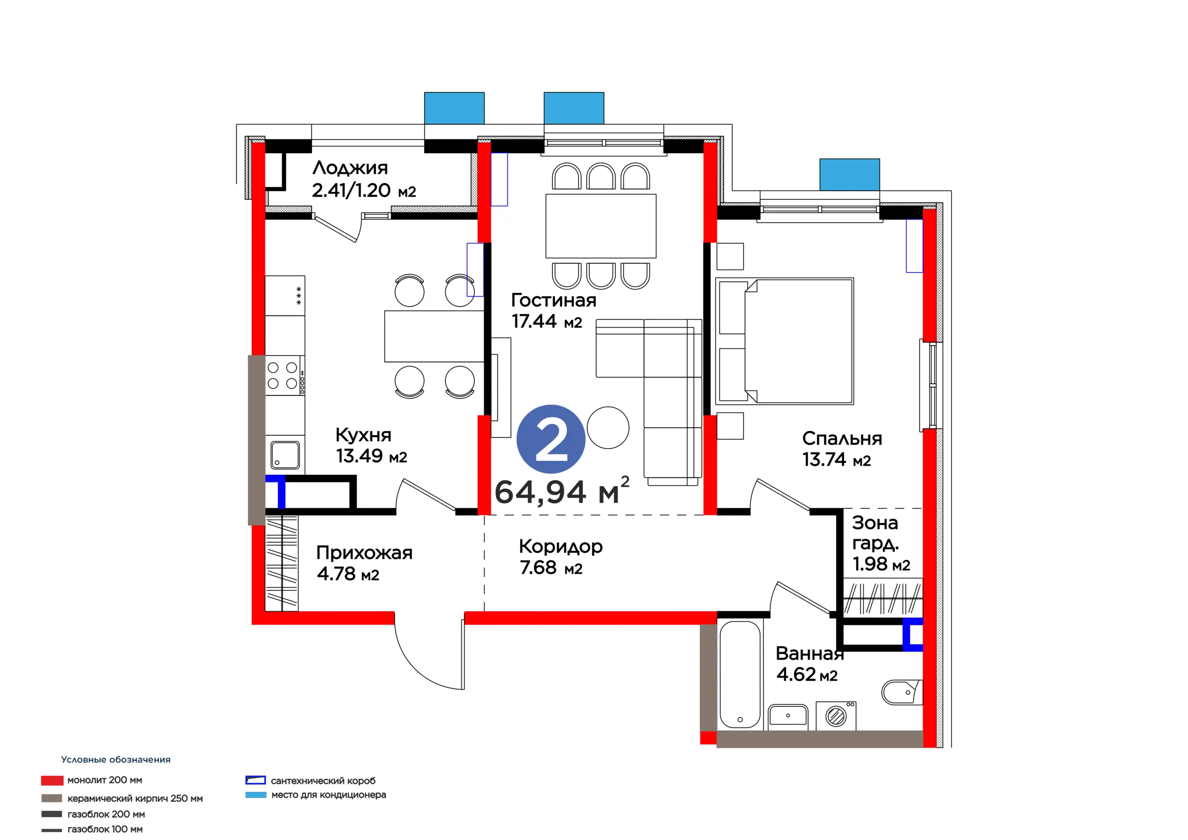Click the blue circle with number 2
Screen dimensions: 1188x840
pos(550,439)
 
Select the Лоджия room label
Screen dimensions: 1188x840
pos(350,168)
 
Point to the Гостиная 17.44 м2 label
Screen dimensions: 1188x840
pos(554,310)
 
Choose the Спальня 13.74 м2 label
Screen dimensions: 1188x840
pos(842,449)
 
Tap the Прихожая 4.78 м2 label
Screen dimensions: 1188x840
pos(364,563)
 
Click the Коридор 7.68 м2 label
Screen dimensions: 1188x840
pos(561,557)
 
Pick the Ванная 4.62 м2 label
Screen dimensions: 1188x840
pos(810,664)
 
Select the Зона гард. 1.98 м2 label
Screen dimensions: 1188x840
pos(881,543)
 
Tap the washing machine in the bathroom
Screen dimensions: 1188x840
pos(836,716)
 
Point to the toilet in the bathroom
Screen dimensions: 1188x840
pos(902,692)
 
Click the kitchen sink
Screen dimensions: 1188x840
pos(285,455)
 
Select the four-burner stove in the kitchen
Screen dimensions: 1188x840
pos(285,375)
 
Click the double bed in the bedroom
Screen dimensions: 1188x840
pos(784,341)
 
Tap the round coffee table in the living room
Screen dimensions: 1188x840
pos(608,427)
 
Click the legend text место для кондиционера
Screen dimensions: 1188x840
pos(329,795)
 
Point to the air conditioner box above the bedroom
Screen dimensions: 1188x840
pos(850,174)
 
